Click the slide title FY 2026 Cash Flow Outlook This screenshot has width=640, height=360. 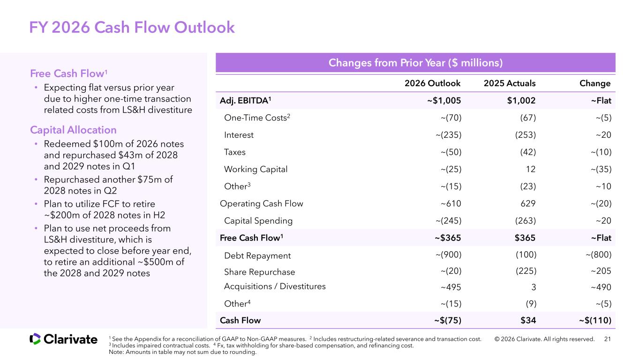[x=132, y=28]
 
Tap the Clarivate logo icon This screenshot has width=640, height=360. [x=35, y=339]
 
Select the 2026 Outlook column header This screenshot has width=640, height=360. [x=432, y=83]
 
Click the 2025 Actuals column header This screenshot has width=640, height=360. [x=510, y=83]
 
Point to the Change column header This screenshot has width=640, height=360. [x=595, y=83]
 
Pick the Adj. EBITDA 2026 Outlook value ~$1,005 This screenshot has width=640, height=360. [x=444, y=101]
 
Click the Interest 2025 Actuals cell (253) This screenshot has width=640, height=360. [x=526, y=135]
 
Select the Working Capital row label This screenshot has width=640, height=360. [x=256, y=169]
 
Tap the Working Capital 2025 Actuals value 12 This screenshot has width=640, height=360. [x=531, y=169]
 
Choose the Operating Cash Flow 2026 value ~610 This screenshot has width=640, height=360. [x=451, y=203]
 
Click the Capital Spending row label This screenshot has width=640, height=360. [x=258, y=221]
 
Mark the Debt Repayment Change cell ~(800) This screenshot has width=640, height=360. [x=599, y=255]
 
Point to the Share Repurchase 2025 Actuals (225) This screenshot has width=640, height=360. [x=526, y=271]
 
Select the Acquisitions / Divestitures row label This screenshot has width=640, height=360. [x=275, y=286]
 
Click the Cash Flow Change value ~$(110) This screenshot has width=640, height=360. [x=595, y=320]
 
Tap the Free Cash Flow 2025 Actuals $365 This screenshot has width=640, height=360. [x=525, y=238]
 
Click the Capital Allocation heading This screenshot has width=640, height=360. [x=73, y=130]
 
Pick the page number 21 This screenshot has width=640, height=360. [x=608, y=339]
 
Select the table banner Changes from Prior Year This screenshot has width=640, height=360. [x=415, y=62]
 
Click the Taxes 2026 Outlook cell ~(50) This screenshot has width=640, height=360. [x=451, y=152]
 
